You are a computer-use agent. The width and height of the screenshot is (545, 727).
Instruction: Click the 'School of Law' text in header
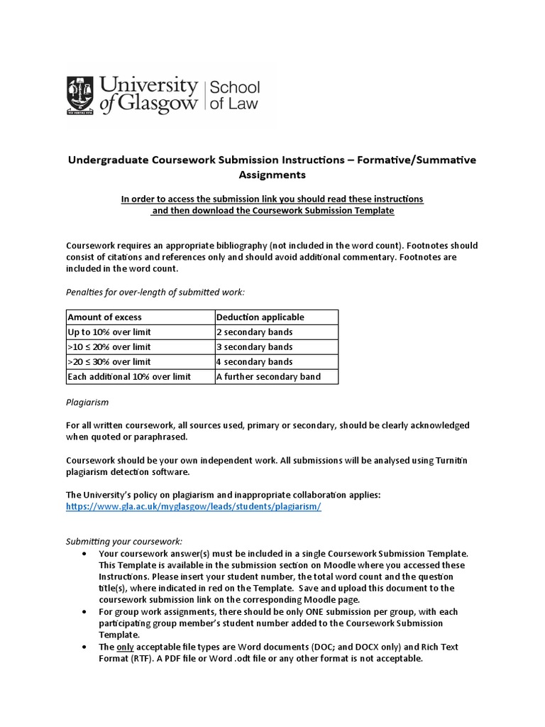(232, 96)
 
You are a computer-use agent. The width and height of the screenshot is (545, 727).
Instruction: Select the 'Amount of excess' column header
(104, 317)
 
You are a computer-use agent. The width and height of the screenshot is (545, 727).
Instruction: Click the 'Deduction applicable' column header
(260, 317)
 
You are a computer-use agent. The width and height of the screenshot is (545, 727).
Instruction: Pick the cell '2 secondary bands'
(253, 332)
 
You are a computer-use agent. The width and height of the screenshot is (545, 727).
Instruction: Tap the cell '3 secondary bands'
(253, 346)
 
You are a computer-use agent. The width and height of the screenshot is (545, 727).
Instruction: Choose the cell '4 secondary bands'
(253, 361)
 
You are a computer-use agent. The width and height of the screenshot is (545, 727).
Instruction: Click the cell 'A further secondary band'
(268, 376)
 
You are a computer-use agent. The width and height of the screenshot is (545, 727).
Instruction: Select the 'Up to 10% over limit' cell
(109, 332)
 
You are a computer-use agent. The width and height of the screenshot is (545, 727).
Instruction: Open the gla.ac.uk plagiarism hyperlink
(194, 507)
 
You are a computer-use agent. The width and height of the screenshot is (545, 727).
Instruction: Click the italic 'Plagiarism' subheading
(87, 402)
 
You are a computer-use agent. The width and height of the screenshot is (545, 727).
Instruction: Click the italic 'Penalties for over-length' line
(155, 292)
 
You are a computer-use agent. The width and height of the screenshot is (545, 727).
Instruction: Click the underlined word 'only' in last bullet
(125, 647)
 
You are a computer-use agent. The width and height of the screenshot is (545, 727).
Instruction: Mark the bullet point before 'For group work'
(86, 611)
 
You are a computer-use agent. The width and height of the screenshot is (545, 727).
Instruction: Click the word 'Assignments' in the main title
(272, 174)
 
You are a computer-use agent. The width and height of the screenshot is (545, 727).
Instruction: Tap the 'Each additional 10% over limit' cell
(129, 376)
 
